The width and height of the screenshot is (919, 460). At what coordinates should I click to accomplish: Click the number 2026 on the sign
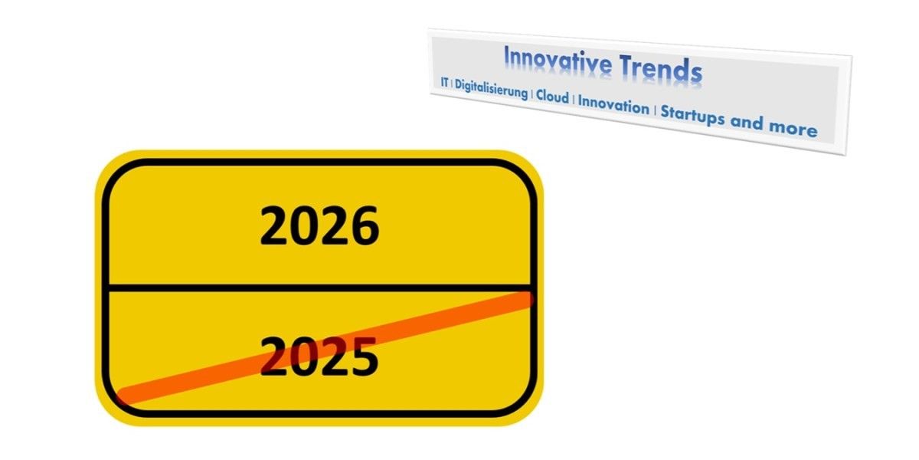[319, 226]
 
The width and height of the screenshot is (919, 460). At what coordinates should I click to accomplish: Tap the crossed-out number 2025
[319, 356]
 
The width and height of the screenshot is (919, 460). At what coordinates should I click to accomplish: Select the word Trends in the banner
[661, 68]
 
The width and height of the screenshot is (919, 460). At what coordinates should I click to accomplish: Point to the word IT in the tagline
[444, 82]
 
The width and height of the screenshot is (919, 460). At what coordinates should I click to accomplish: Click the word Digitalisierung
[491, 89]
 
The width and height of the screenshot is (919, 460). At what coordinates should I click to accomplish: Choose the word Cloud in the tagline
[552, 97]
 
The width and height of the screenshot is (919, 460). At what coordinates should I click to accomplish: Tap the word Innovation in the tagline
[613, 106]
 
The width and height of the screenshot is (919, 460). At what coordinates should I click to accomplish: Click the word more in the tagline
[793, 129]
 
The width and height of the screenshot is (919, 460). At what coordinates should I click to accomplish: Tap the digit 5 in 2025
[364, 356]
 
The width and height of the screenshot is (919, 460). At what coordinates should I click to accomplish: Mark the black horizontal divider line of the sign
[319, 287]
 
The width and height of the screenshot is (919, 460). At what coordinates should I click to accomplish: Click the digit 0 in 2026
[305, 226]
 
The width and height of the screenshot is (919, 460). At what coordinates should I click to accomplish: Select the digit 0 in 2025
[304, 356]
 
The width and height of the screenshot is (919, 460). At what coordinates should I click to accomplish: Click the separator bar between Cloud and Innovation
[574, 100]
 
